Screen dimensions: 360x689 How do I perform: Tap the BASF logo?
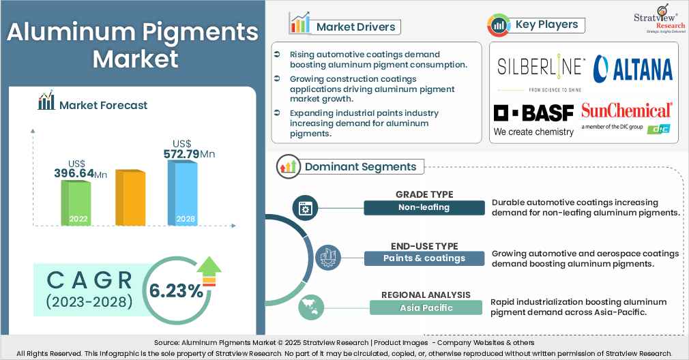click(x=533, y=119)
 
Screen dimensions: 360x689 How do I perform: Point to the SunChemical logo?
click(x=626, y=115)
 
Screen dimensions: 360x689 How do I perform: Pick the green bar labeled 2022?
click(x=76, y=203)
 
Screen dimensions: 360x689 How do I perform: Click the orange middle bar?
click(x=130, y=198)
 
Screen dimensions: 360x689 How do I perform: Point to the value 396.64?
click(x=75, y=174)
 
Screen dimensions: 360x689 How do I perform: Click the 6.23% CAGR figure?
click(x=176, y=291)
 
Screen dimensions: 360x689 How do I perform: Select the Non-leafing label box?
click(x=425, y=208)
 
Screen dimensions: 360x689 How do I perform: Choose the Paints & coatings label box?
click(x=424, y=258)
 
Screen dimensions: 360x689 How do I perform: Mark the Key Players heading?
click(x=546, y=25)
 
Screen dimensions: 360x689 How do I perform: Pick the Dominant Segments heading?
click(x=360, y=166)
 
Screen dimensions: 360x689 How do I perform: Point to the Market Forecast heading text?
click(x=103, y=105)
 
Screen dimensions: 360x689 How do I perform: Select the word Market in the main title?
click(x=135, y=59)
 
